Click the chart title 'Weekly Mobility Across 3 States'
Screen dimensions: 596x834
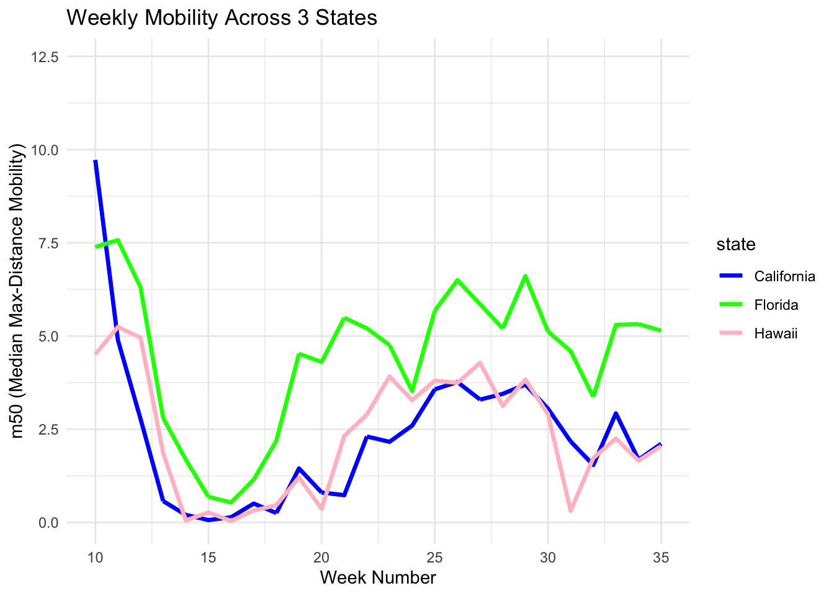(222, 18)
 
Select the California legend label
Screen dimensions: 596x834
(784, 276)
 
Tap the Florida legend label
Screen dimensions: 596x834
(776, 305)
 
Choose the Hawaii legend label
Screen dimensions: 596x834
(775, 333)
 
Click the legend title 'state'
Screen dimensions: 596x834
(736, 245)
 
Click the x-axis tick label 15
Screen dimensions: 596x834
(208, 558)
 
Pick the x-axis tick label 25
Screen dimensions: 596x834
(434, 558)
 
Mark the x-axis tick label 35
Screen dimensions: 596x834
(661, 558)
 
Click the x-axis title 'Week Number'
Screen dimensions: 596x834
(378, 578)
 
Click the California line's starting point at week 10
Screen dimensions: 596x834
(96, 161)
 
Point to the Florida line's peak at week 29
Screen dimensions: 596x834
(525, 276)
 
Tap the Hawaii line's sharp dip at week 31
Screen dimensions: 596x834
(570, 511)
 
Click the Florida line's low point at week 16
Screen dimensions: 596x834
(231, 502)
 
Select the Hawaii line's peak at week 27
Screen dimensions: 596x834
(480, 363)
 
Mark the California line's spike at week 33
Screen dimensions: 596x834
(616, 413)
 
